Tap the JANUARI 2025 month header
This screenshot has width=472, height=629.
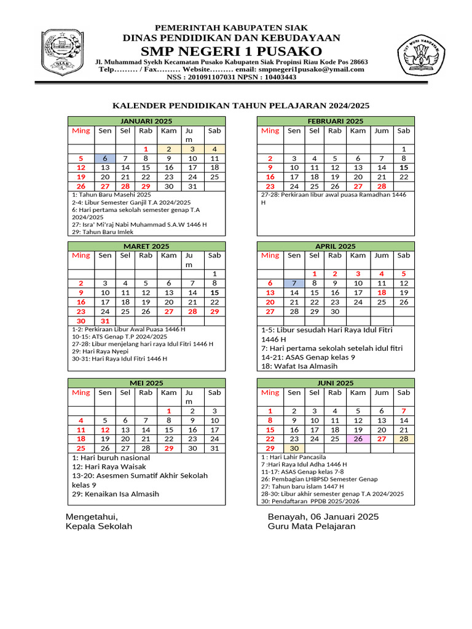click(146, 121)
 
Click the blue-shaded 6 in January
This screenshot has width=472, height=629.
click(105, 158)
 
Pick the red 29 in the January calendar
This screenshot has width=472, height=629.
click(146, 186)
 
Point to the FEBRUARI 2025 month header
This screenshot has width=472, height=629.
click(336, 121)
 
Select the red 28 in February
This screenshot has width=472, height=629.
click(382, 186)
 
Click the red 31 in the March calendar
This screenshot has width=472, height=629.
click(105, 321)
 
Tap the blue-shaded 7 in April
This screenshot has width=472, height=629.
click(294, 283)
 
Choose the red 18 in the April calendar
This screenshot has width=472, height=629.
click(382, 292)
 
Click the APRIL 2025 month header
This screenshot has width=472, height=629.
click(336, 246)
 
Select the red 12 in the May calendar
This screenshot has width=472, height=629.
click(105, 430)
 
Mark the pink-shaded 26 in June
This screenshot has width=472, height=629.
click(358, 439)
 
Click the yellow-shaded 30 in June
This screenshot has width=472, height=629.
click(294, 449)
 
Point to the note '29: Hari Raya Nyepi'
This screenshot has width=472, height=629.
click(100, 351)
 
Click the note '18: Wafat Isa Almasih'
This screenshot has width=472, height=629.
click(299, 366)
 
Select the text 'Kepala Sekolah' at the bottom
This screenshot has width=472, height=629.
click(98, 526)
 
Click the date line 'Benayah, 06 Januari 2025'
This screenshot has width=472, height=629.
click(323, 517)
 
